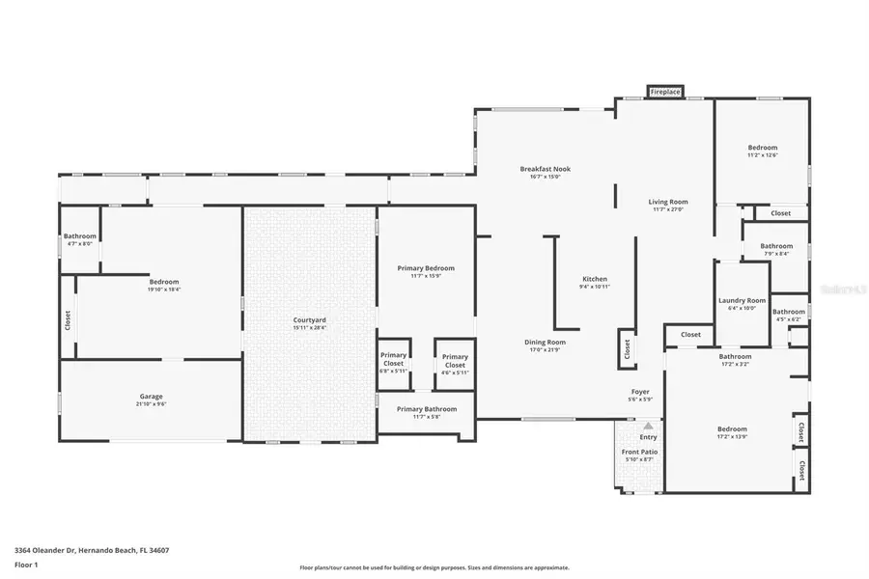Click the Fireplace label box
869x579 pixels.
[664, 92]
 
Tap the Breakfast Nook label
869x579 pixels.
[545, 169]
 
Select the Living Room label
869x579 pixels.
[667, 202]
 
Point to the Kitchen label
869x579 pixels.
[595, 280]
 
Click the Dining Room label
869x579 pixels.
[545, 342]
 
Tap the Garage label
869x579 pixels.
[151, 396]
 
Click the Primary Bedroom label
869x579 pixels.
[426, 268]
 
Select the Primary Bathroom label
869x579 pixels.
[426, 409]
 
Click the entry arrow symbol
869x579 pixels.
[648, 425]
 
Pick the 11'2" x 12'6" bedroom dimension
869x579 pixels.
[762, 154]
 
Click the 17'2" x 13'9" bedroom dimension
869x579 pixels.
[732, 436]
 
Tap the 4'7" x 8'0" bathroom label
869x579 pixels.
[80, 243]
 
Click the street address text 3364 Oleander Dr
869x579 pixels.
[97, 550]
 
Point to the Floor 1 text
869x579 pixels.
[26, 565]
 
